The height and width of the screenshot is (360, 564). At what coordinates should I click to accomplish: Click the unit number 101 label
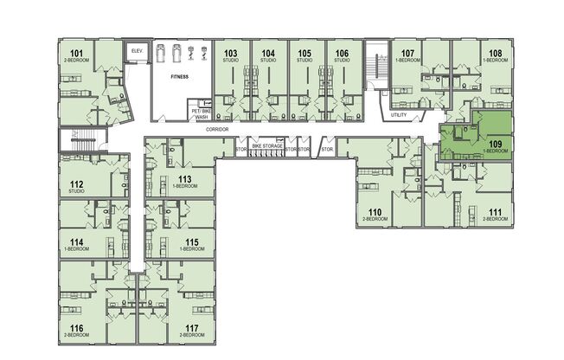(x=77, y=55)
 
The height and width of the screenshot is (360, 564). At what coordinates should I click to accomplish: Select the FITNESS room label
(x=179, y=76)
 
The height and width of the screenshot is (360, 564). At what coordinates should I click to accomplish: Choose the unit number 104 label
(x=269, y=53)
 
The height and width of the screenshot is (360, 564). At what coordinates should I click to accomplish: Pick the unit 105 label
(x=304, y=53)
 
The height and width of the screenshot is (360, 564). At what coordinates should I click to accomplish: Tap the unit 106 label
(x=342, y=53)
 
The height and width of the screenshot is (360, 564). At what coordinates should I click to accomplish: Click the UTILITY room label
(x=399, y=114)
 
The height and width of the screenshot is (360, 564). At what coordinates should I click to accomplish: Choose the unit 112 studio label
(x=77, y=185)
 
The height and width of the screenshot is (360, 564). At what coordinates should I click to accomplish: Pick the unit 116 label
(x=77, y=330)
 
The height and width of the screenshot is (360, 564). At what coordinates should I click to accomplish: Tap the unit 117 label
(x=191, y=330)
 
